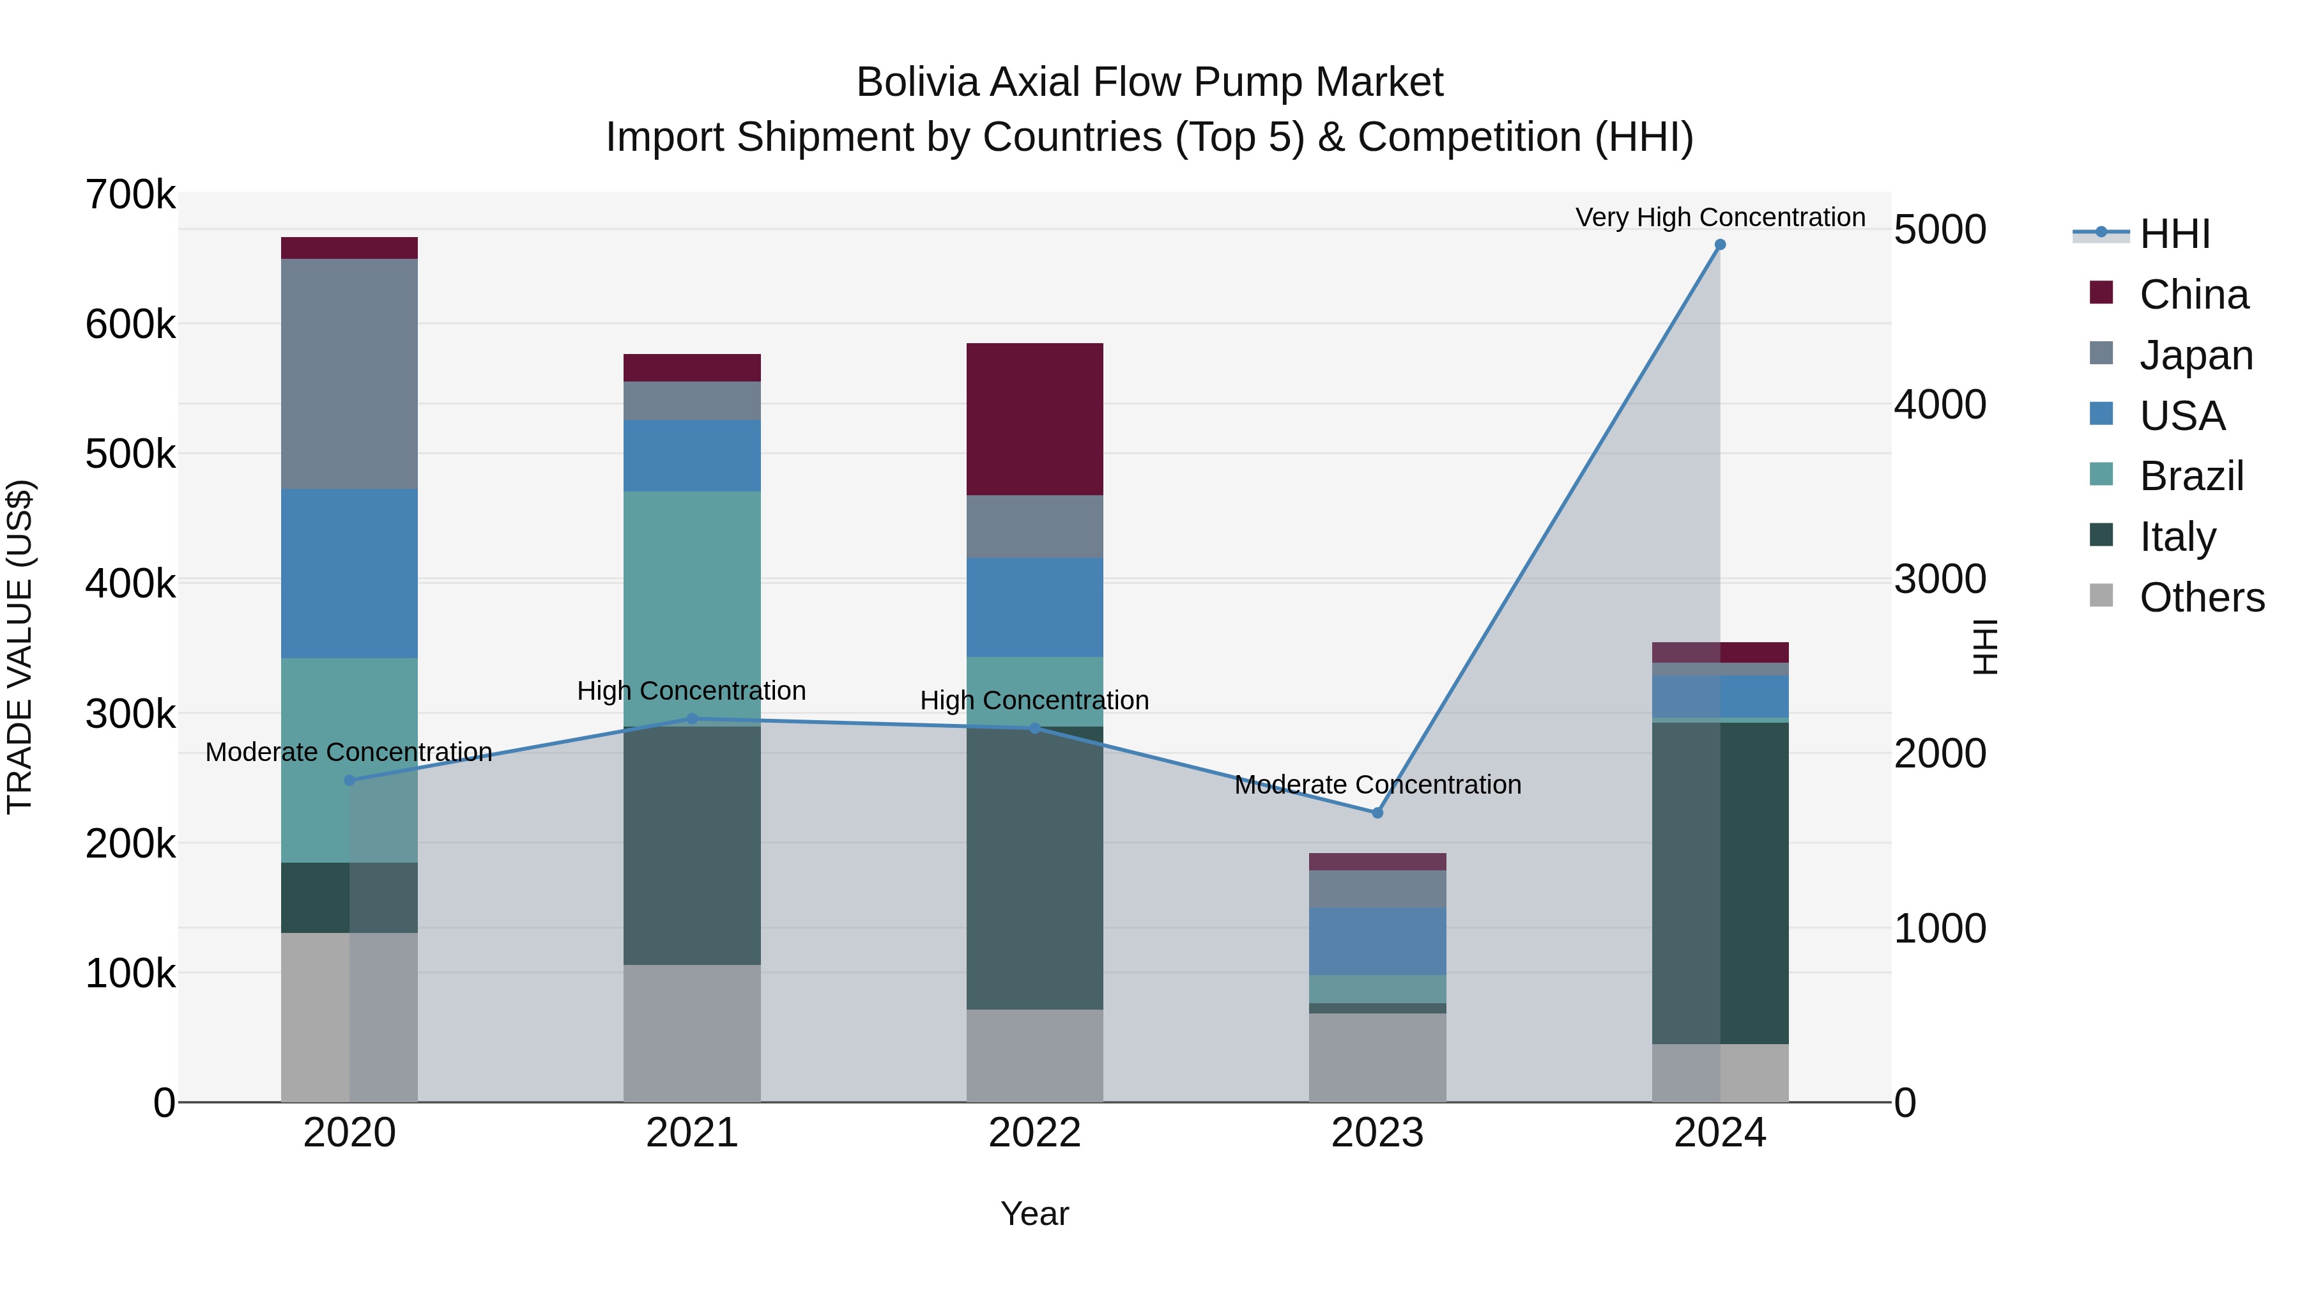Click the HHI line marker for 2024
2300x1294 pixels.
click(1720, 245)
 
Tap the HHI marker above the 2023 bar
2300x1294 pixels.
click(1377, 813)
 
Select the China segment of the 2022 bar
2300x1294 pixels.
click(1035, 419)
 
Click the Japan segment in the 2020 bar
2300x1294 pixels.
click(349, 373)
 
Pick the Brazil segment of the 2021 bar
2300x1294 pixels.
click(692, 607)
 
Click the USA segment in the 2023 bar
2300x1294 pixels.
click(1377, 941)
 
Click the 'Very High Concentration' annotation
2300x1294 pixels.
click(1720, 217)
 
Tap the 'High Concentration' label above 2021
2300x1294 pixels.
click(691, 690)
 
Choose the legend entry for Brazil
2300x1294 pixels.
click(2191, 476)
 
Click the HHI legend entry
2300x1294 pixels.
click(2174, 234)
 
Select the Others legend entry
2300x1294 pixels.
click(2201, 597)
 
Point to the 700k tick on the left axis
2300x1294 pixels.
click(130, 195)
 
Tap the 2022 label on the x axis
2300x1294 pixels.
click(1035, 1132)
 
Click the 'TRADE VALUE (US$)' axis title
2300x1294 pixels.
click(20, 647)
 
